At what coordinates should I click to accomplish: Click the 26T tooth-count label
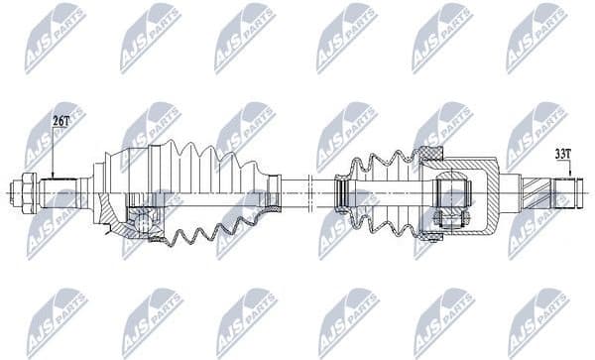61,120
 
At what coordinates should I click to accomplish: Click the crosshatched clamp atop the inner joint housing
430,154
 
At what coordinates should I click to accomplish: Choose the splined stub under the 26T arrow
59,189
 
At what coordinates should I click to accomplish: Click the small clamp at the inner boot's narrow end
341,189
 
